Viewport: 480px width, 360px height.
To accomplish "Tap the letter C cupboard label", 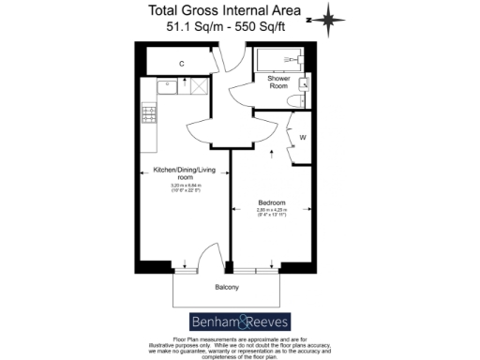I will pos(181,63).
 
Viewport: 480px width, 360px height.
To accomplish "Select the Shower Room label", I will pos(278,82).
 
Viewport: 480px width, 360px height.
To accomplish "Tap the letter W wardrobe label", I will pos(302,138).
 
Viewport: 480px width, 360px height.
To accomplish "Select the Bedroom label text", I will pos(272,202).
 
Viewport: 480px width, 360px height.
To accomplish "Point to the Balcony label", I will pos(225,288).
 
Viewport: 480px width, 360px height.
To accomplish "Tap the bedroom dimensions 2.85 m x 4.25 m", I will pos(272,211).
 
